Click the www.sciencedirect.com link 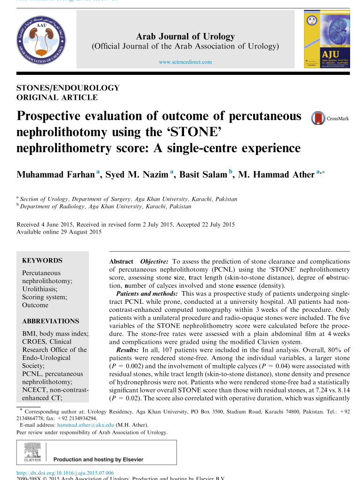[x=185, y=62]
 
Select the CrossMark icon [x=319, y=118]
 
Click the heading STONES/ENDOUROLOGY [x=68, y=88]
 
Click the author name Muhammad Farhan [x=56, y=175]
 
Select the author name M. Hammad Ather [x=276, y=175]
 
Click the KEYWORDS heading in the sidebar [x=42, y=260]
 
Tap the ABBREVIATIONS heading [x=51, y=321]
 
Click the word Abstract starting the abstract [x=121, y=261]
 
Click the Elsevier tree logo [x=32, y=452]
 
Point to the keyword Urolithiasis [x=40, y=289]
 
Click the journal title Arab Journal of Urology [x=185, y=37]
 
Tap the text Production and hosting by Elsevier [x=99, y=459]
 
